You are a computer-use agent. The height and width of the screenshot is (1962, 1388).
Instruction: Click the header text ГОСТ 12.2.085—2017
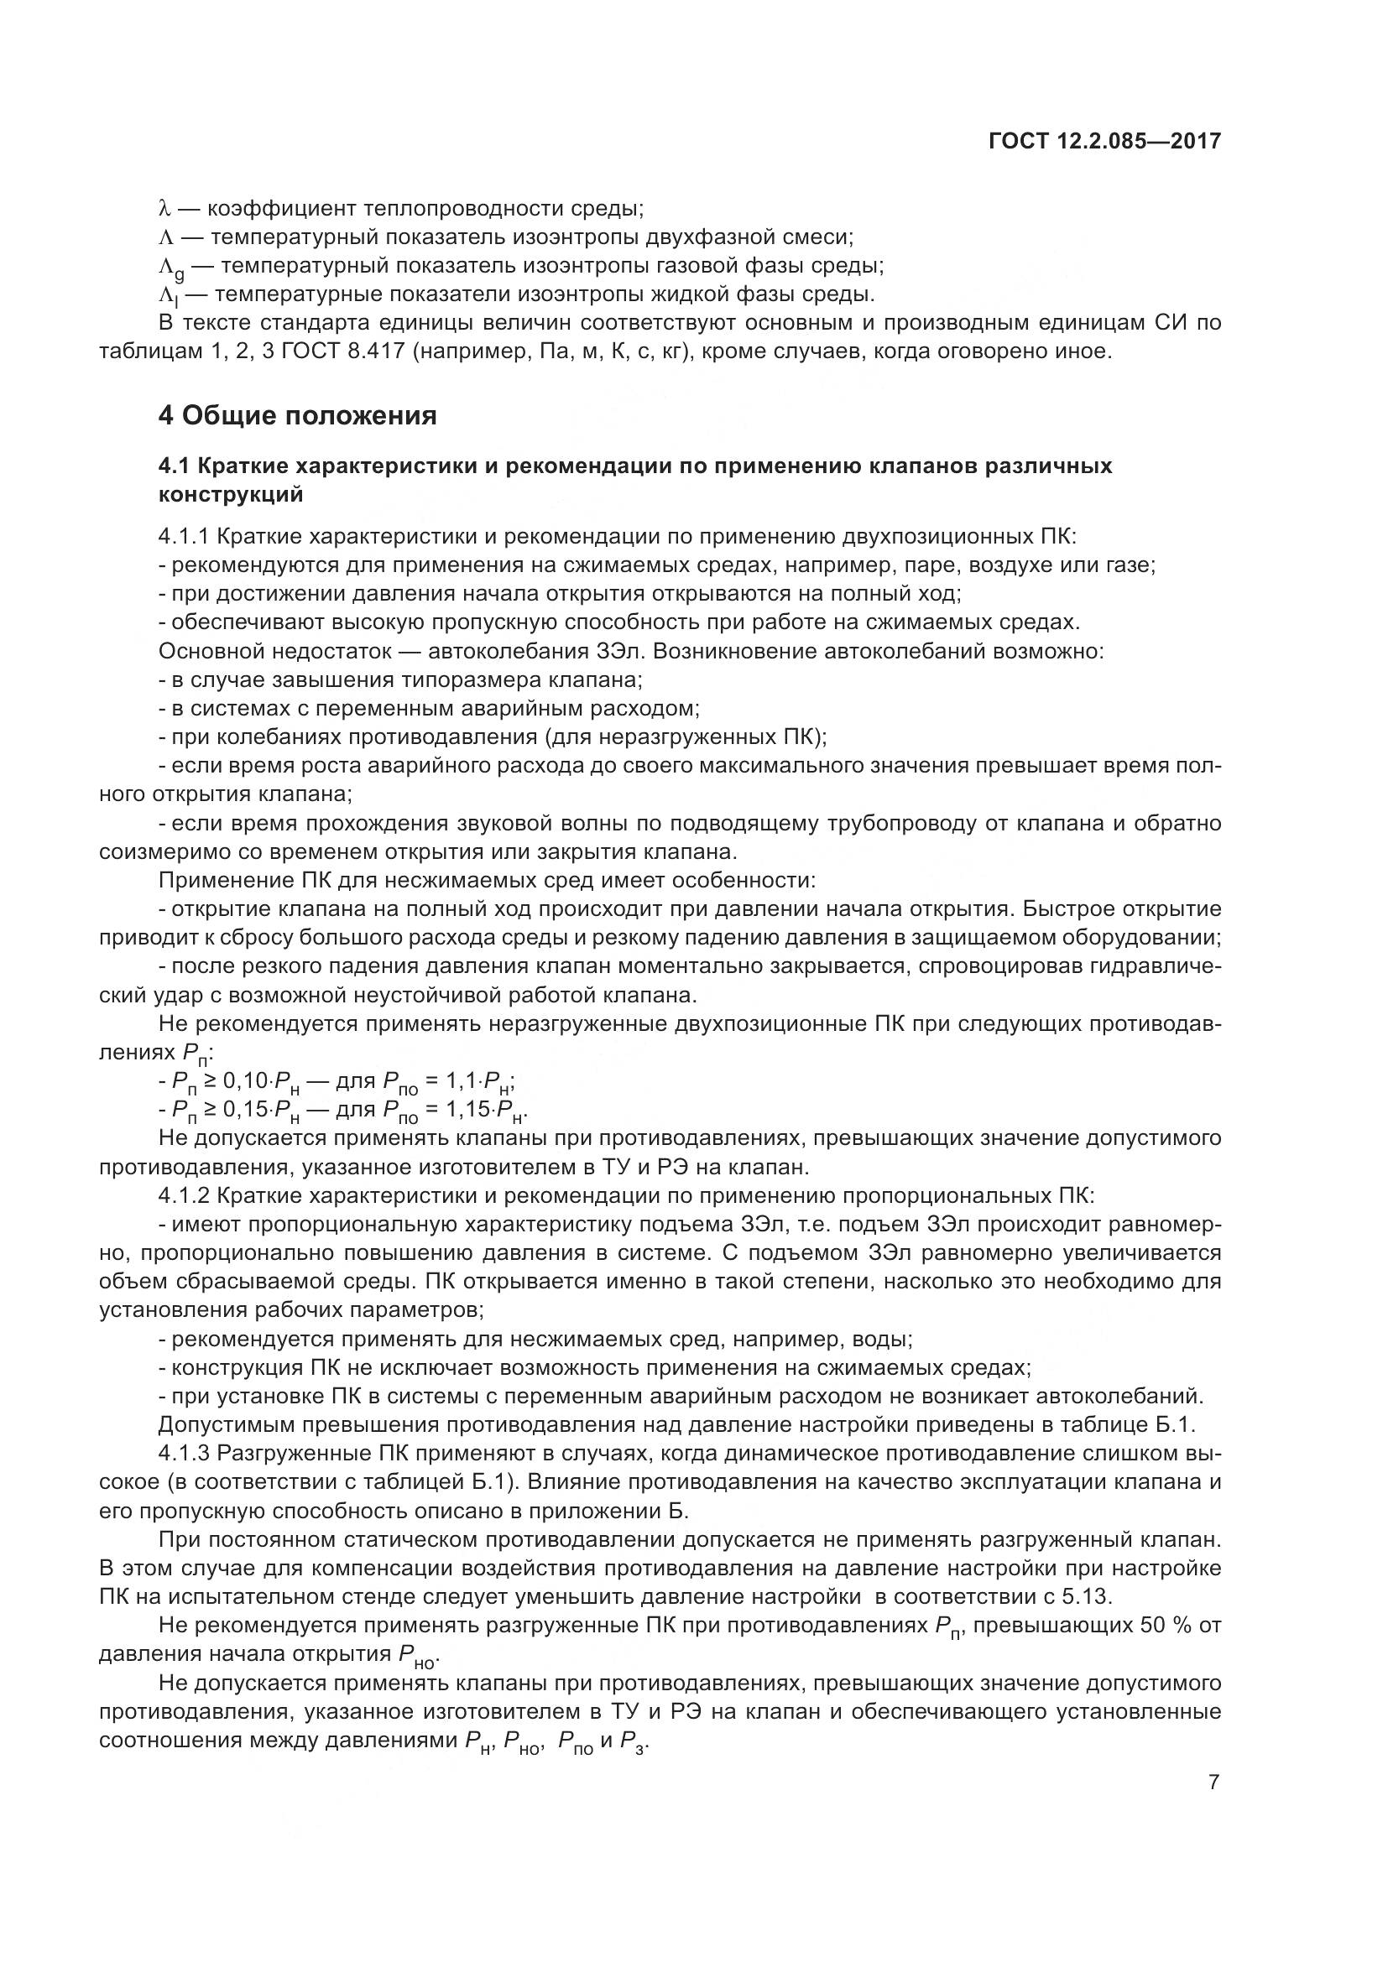pos(1104,141)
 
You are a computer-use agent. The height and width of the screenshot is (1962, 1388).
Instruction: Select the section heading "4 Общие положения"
pos(297,416)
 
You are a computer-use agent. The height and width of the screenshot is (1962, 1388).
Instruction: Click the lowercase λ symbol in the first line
pos(165,209)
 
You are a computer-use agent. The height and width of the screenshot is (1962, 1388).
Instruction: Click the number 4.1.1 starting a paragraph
pos(184,537)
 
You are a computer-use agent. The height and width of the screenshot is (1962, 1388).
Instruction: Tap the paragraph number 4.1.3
pos(184,1453)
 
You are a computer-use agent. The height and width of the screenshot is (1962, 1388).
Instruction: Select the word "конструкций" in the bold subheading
pos(231,494)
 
